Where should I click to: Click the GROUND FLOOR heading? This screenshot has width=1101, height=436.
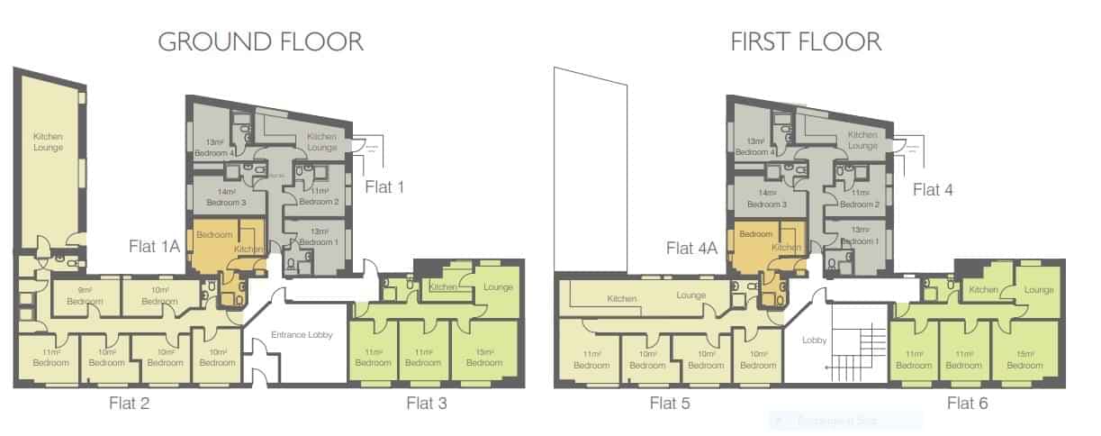pyautogui.click(x=260, y=41)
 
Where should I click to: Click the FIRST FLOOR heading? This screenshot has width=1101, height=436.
pyautogui.click(x=805, y=41)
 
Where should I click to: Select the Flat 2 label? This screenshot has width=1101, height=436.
pyautogui.click(x=131, y=403)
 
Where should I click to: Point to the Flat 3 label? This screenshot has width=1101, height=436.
pyautogui.click(x=426, y=403)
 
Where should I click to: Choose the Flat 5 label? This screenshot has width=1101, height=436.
pyautogui.click(x=670, y=403)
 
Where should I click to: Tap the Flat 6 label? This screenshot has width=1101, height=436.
pyautogui.click(x=967, y=403)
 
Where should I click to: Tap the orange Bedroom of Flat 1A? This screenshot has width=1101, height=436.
pyautogui.click(x=213, y=236)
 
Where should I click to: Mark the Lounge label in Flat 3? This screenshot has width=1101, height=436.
pyautogui.click(x=498, y=286)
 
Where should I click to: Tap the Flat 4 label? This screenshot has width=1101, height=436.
pyautogui.click(x=933, y=189)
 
